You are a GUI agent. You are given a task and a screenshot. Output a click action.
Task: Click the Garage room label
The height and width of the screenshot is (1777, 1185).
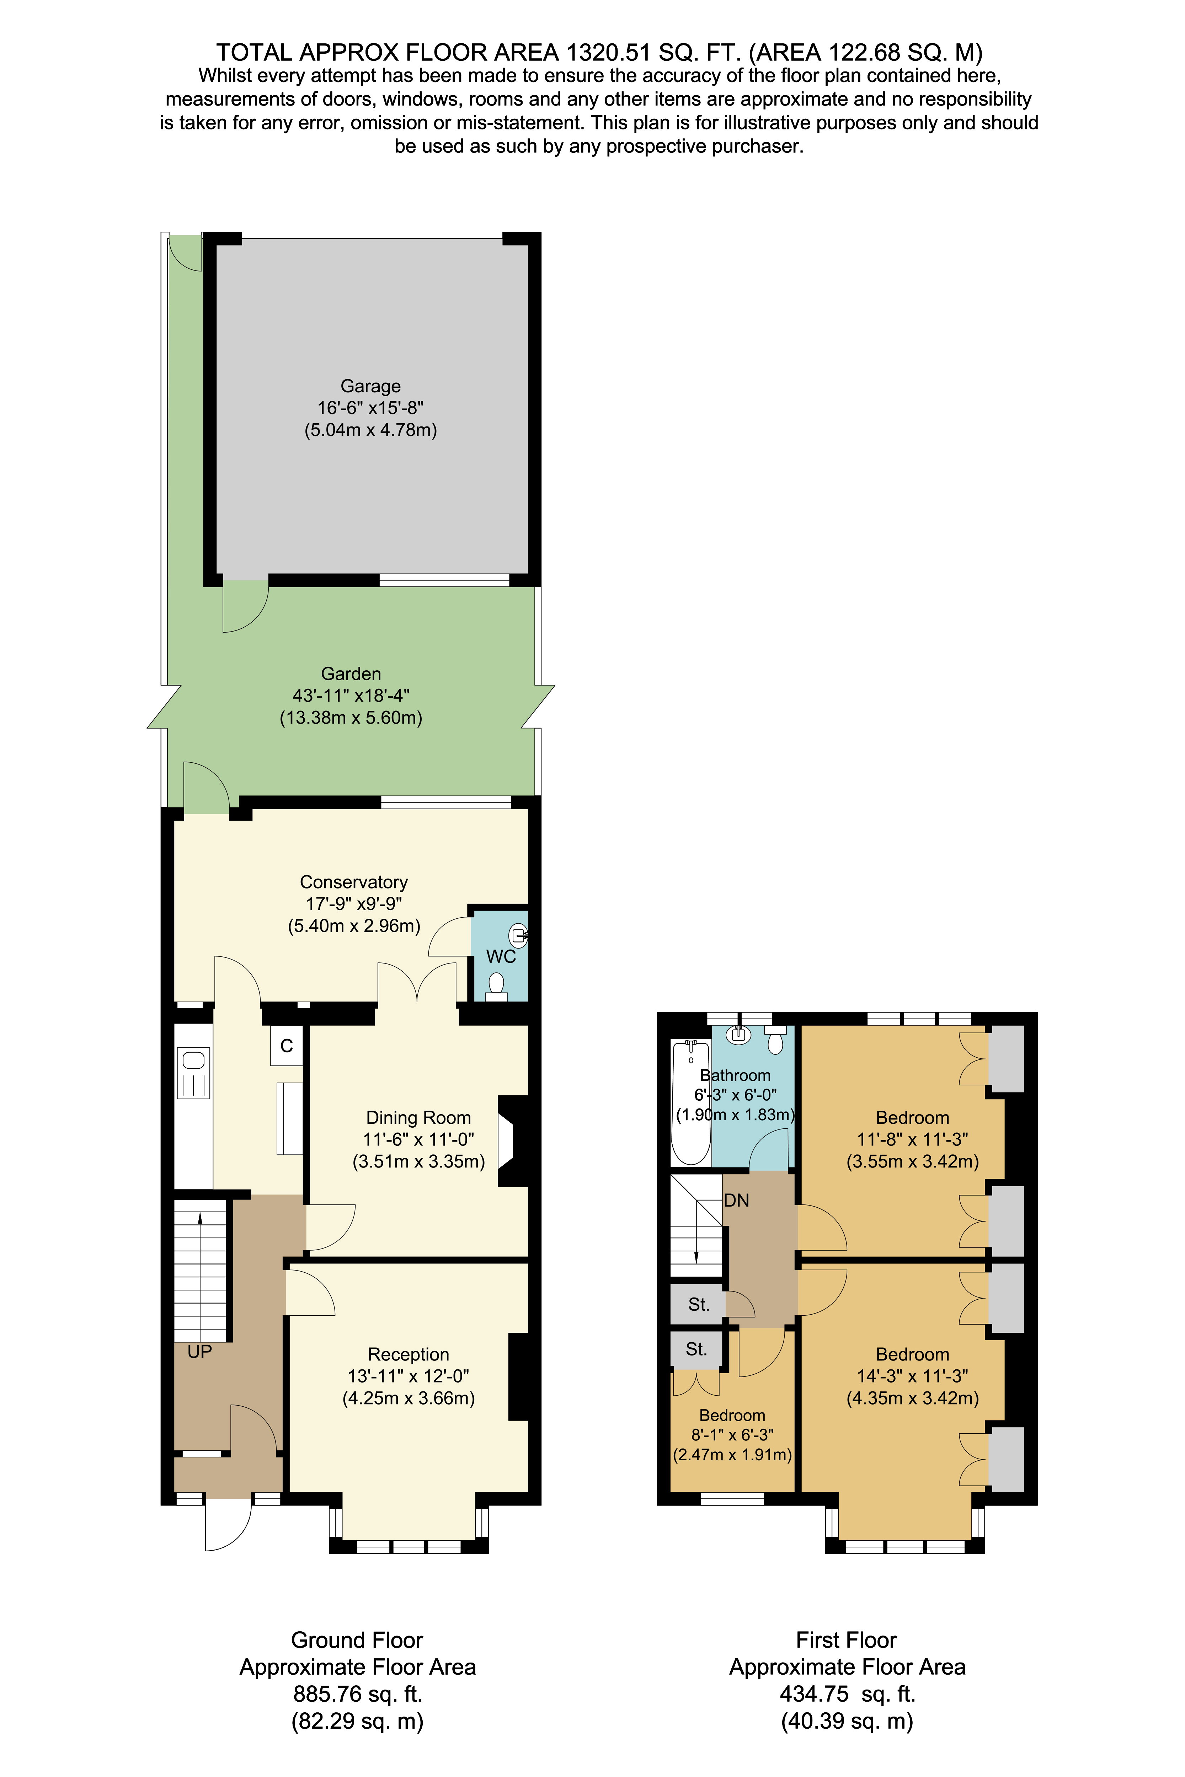[370, 386]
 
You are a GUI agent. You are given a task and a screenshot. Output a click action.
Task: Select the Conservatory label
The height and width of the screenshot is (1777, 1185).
[354, 882]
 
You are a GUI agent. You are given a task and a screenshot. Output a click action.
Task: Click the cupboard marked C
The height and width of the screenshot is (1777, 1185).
[287, 1046]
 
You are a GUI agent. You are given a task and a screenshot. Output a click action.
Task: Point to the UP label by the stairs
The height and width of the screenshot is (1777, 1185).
[199, 1352]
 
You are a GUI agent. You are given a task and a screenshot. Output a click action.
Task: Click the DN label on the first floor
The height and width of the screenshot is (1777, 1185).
[736, 1200]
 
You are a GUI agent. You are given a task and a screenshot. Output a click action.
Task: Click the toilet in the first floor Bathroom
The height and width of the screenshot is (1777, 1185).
[775, 1041]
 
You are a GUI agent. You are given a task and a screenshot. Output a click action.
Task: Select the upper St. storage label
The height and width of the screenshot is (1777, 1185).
[698, 1304]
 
